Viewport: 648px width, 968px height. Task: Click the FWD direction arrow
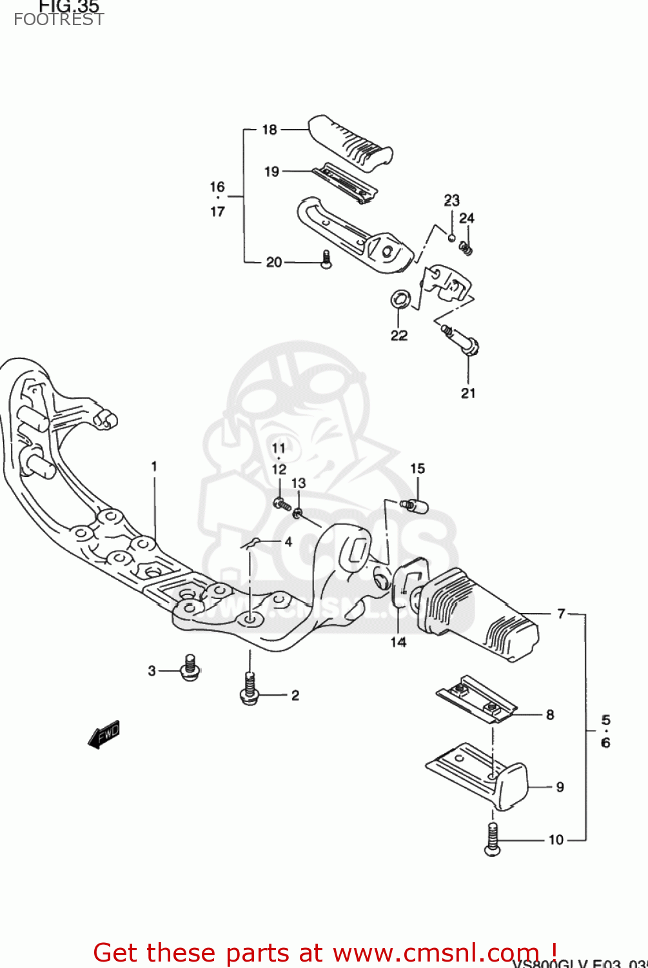pyautogui.click(x=104, y=734)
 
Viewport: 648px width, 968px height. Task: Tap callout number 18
pyautogui.click(x=270, y=130)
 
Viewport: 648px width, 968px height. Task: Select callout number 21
pyautogui.click(x=468, y=393)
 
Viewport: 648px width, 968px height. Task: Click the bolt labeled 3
pyautogui.click(x=190, y=668)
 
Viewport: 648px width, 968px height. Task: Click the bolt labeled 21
pyautogui.click(x=462, y=341)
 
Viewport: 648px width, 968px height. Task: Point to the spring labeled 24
pyautogui.click(x=466, y=247)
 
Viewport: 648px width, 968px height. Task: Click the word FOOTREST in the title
pyautogui.click(x=59, y=19)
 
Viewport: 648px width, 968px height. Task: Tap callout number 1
pyautogui.click(x=154, y=466)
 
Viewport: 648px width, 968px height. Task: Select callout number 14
pyautogui.click(x=398, y=641)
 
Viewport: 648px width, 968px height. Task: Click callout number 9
pyautogui.click(x=560, y=787)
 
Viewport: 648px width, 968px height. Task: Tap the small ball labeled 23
pyautogui.click(x=451, y=238)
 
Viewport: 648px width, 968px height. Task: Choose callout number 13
pyautogui.click(x=298, y=483)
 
